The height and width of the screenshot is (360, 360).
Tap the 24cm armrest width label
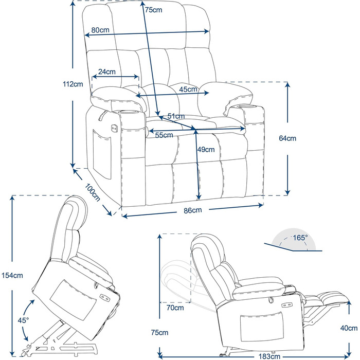pyautogui.click(x=106, y=72)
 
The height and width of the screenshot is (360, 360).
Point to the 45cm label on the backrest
pyautogui.click(x=189, y=89)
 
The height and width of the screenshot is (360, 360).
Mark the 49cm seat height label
pyautogui.click(x=206, y=150)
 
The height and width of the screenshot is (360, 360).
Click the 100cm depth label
pyautogui.click(x=93, y=191)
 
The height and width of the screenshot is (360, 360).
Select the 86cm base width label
pyautogui.click(x=192, y=210)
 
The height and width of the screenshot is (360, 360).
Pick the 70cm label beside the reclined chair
pyautogui.click(x=176, y=308)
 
